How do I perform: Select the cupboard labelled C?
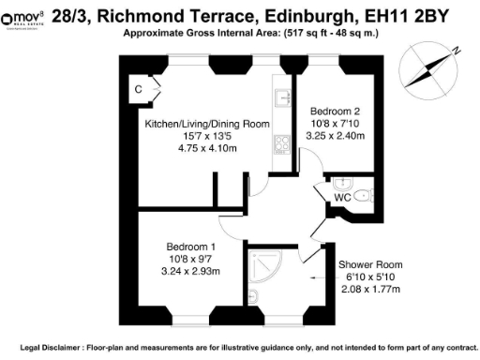tap(139, 90)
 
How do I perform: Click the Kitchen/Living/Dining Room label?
tap(206, 124)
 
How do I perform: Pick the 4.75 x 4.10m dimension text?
tap(206, 147)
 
